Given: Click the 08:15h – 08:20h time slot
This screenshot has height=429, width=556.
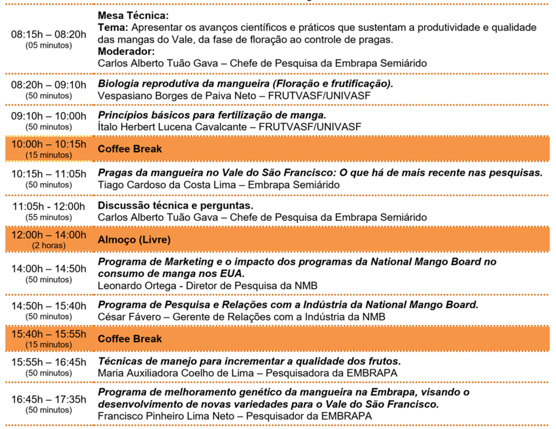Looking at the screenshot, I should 49,35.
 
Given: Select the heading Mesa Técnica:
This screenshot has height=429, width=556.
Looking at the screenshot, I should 133,16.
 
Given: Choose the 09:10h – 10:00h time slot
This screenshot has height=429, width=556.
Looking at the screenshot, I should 49,116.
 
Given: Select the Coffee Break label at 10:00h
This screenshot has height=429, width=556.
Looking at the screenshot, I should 130,149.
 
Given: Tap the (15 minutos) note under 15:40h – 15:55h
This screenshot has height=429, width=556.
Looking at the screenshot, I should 49,344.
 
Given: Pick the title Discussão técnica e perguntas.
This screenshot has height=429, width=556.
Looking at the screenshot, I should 175,206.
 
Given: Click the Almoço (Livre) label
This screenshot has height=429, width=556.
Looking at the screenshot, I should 134,240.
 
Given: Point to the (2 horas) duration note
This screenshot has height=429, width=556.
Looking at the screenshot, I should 49,246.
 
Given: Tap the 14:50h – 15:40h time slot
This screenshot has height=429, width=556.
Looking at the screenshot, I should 49,306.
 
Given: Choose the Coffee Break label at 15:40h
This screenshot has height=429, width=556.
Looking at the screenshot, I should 130,339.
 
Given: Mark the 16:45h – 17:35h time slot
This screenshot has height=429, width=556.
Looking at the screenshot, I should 49,400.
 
